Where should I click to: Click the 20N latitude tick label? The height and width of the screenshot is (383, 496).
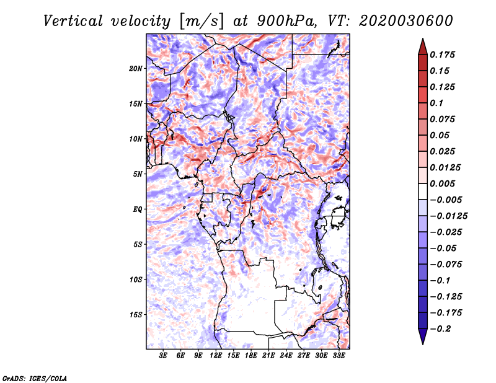(135, 69)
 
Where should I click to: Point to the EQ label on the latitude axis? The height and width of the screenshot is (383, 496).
(138, 209)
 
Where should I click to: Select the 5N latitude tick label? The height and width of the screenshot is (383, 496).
(138, 174)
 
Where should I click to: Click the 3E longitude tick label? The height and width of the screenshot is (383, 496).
(163, 356)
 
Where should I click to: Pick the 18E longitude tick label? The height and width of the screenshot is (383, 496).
(251, 356)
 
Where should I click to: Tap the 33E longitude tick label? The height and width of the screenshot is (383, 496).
(339, 356)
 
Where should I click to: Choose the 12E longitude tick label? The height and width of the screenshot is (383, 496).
(216, 356)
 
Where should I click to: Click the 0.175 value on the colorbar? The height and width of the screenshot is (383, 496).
(442, 55)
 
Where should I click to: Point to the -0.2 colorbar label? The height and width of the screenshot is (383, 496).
(440, 329)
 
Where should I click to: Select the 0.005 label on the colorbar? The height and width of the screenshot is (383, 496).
(442, 183)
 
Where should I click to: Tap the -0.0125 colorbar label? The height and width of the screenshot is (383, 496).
(448, 216)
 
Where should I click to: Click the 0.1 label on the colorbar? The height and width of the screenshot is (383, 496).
(436, 103)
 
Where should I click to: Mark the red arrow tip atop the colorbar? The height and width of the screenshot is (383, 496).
(423, 39)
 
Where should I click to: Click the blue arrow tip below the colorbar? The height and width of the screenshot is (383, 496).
(423, 344)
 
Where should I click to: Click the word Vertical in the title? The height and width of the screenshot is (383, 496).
(73, 21)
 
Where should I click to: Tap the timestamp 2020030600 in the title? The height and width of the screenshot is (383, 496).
(406, 21)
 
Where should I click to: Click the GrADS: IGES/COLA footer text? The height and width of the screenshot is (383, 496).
(35, 379)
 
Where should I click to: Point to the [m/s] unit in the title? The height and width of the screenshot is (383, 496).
(201, 21)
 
